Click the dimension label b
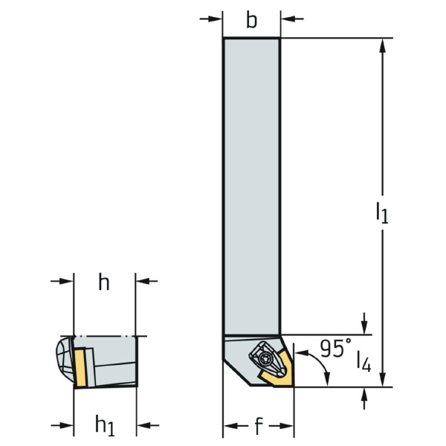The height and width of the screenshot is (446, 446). pyautogui.click(x=252, y=20)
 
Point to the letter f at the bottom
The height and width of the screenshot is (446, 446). pyautogui.click(x=258, y=427)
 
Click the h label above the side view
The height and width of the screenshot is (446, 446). pyautogui.click(x=104, y=282)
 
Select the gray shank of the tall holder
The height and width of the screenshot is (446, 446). pyautogui.click(x=251, y=186)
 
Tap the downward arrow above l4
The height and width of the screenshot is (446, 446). pyautogui.click(x=363, y=326)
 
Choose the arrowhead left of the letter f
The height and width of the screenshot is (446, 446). pyautogui.click(x=232, y=426)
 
